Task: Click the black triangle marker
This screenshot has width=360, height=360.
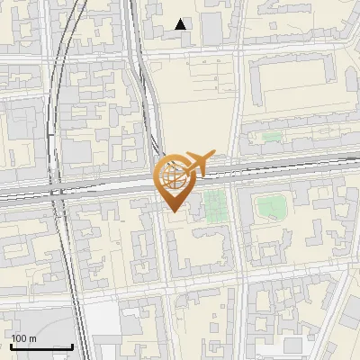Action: point(181,24)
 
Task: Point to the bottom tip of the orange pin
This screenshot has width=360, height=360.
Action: point(172,211)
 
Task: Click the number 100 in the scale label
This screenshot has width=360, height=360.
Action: point(19,338)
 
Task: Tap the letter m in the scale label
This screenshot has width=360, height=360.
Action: point(32,338)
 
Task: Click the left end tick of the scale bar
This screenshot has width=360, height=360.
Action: point(11,346)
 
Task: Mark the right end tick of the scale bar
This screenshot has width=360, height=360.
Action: point(72,346)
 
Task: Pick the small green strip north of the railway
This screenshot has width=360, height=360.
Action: point(269,139)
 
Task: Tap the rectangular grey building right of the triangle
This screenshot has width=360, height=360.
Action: point(211,29)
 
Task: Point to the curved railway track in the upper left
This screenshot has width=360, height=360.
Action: point(56,81)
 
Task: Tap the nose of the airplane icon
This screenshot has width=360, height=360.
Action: point(215,152)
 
